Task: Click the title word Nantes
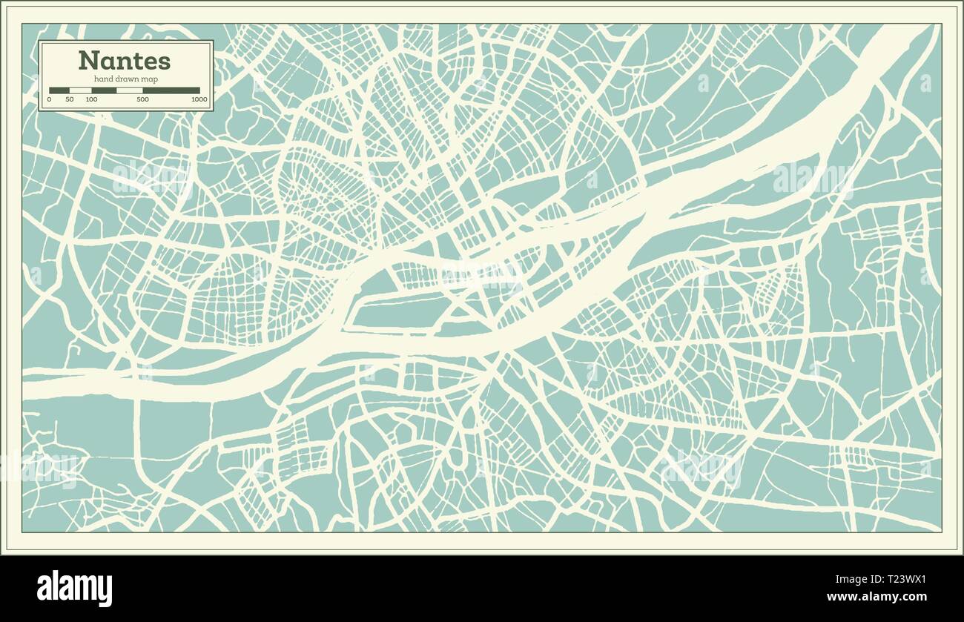[124, 60]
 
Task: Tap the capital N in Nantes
[86, 60]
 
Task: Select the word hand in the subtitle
[103, 79]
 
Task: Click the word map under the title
[151, 79]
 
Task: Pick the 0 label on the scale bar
[50, 99]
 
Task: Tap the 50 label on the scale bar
[69, 99]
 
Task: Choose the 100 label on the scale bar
[91, 99]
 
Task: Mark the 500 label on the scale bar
[142, 99]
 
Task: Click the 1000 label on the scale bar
[199, 99]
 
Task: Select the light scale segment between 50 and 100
[80, 90]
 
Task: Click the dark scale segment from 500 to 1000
[171, 90]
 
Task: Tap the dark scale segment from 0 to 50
[59, 90]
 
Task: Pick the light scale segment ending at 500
[130, 90]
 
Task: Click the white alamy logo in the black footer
[74, 589]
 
